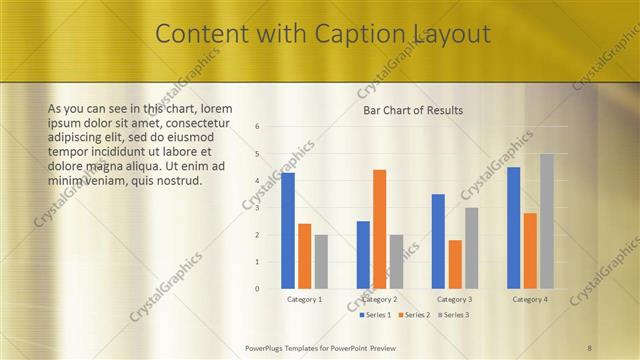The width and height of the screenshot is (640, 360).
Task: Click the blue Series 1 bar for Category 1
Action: click(288, 230)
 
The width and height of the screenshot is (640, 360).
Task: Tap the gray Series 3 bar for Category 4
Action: click(547, 221)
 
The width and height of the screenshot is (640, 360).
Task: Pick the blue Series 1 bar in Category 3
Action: click(438, 241)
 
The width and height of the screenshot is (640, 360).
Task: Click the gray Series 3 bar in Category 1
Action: click(321, 261)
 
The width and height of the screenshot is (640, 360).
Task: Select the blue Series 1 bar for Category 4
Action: click(514, 227)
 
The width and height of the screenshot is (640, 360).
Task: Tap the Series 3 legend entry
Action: click(453, 315)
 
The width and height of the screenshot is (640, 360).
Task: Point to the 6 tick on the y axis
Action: click(257, 127)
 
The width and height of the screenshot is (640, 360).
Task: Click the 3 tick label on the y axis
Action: click(257, 208)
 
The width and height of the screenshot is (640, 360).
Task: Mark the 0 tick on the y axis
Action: click(257, 289)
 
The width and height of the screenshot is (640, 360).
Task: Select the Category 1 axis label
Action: click(304, 299)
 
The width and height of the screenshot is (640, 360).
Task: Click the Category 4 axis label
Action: click(530, 299)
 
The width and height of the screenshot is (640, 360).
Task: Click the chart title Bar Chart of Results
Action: click(413, 110)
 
